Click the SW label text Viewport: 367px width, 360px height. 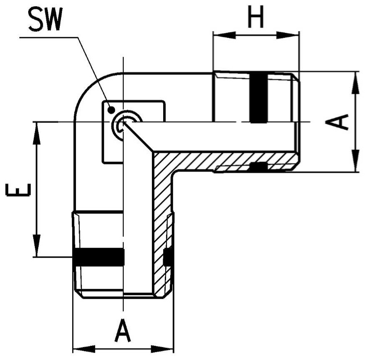click(45, 20)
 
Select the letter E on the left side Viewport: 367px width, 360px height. click(18, 189)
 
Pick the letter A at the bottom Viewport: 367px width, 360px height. click(122, 331)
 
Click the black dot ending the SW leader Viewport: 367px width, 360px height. click(111, 109)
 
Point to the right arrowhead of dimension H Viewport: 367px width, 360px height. click(288, 36)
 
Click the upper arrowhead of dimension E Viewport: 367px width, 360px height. click(37, 133)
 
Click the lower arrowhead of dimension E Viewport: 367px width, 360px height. click(37, 246)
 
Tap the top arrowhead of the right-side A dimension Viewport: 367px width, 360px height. click(355, 83)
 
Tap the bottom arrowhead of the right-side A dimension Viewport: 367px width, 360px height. click(355, 161)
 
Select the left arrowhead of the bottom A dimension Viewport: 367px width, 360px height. click(84, 349)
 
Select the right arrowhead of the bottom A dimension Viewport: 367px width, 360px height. click(162, 349)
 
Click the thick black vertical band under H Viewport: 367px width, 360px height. click(259, 98)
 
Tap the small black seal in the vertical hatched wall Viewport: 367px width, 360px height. click(168, 257)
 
